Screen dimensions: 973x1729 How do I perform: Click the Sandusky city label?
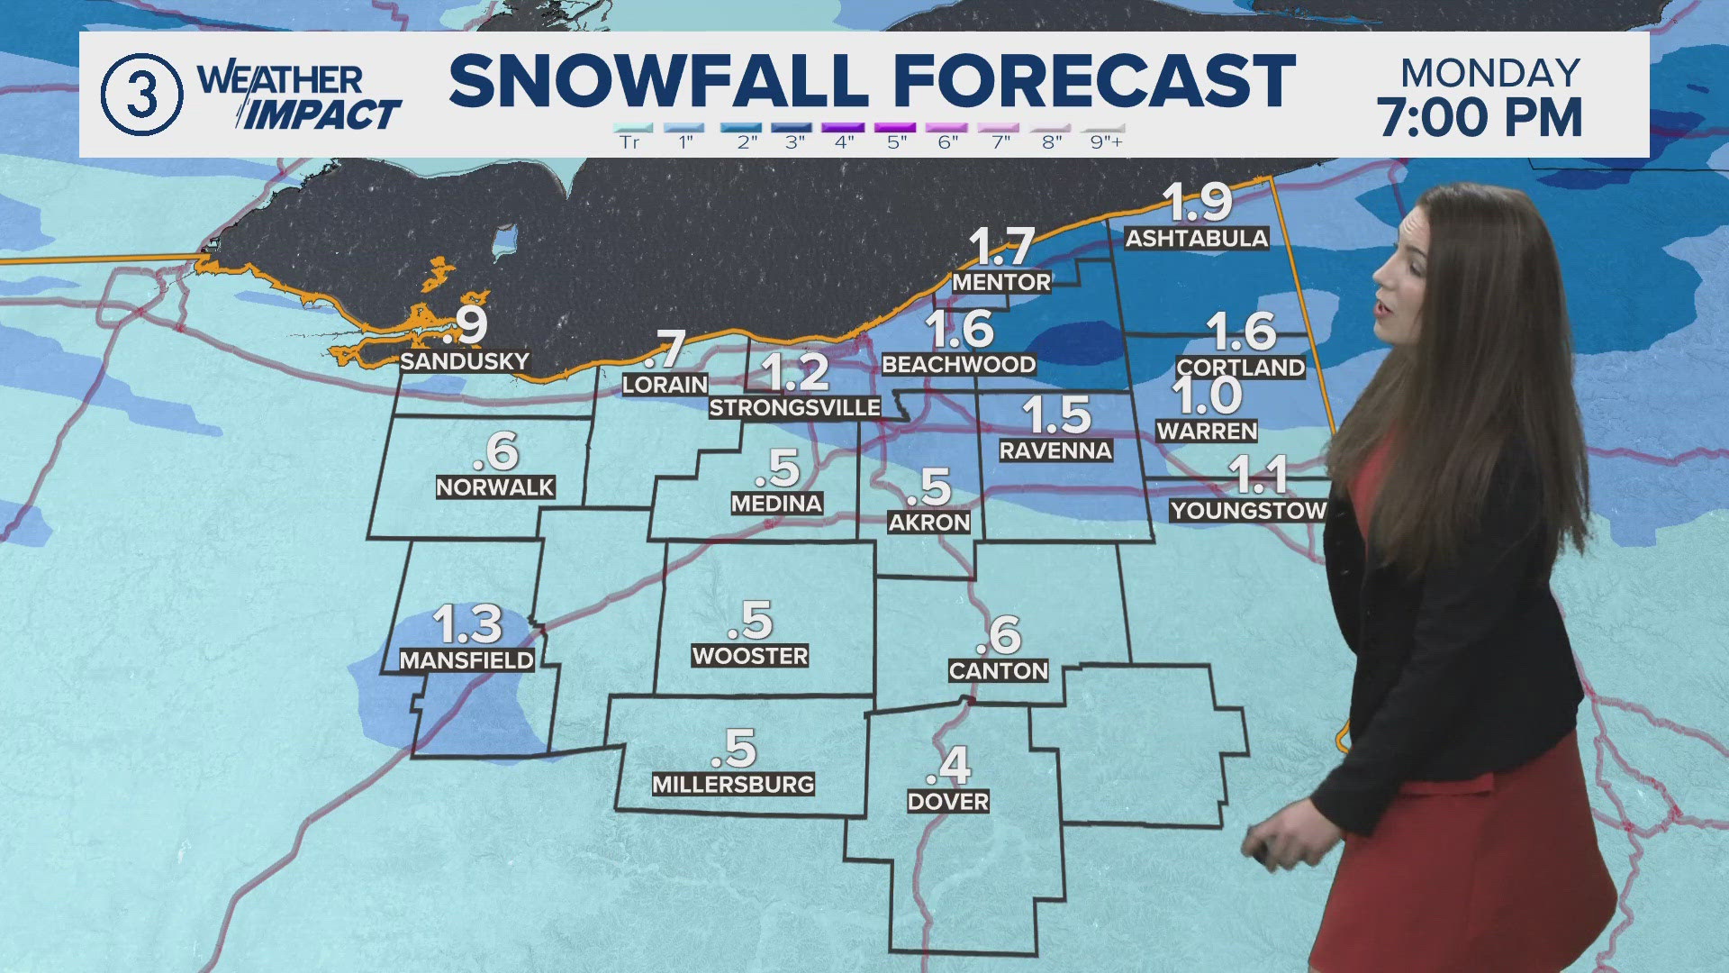[x=465, y=361]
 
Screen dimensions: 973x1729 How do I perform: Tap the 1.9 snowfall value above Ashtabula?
[x=1197, y=202]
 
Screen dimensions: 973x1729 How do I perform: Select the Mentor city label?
[x=1001, y=283]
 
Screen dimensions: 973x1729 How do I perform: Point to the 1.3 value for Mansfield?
[x=466, y=623]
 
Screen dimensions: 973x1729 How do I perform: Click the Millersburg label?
[x=733, y=785]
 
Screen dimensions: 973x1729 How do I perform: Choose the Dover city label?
[x=948, y=802]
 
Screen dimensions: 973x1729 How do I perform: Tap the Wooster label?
[x=750, y=656]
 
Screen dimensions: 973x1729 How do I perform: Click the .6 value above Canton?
[x=999, y=636]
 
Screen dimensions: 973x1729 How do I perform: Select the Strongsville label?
[x=794, y=408]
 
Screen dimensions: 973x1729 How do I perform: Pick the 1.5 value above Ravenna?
[x=1056, y=415]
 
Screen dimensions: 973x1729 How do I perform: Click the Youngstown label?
[x=1248, y=511]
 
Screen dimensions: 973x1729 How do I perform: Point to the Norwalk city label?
[x=495, y=487]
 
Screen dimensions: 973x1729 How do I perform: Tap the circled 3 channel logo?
[x=141, y=95]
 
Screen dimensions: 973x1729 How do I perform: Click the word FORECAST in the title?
[x=1093, y=81]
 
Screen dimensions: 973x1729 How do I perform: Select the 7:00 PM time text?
[x=1480, y=118]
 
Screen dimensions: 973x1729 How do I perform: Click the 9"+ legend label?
[x=1106, y=142]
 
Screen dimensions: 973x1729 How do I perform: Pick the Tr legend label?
[x=629, y=142]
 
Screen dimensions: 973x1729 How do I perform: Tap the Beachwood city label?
[x=958, y=365]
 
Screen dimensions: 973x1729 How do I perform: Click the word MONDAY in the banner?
[x=1490, y=73]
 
